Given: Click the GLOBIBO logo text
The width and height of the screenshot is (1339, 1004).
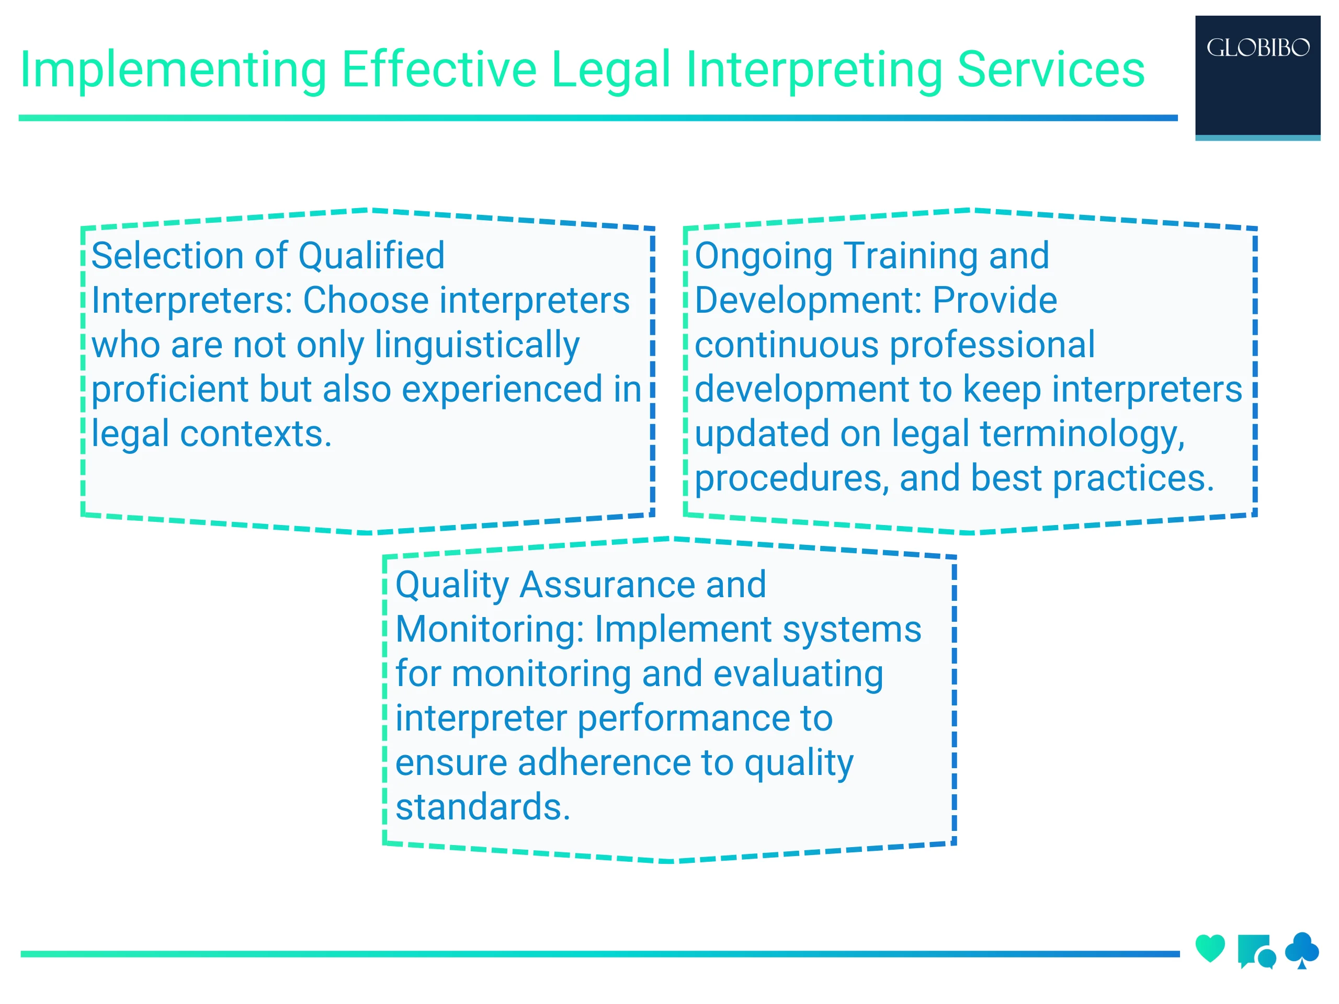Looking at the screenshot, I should (1257, 48).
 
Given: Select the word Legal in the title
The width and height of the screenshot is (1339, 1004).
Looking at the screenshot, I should (611, 70).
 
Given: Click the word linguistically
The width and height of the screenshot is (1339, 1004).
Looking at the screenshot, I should (477, 346).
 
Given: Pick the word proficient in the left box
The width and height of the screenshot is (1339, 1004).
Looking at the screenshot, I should (170, 390).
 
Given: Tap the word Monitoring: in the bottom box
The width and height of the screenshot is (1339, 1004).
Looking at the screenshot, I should (489, 630).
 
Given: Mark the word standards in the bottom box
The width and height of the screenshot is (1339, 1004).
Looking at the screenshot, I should (482, 807).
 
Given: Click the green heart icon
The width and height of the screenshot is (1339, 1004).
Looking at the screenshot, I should (1210, 949).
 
